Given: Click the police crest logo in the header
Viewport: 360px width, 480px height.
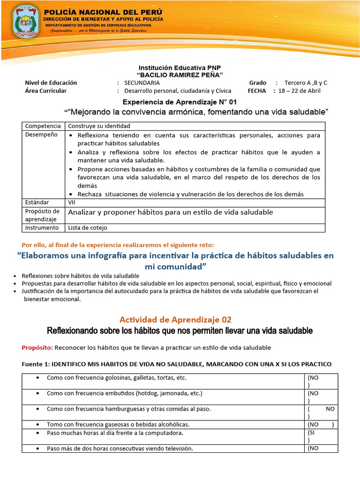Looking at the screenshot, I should (x=27, y=21).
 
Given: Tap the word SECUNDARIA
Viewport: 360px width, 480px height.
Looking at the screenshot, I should (x=142, y=83).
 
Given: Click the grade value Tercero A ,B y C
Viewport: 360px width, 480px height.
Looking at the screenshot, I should (x=306, y=83).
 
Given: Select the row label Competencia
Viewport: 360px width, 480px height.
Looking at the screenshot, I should (x=43, y=126).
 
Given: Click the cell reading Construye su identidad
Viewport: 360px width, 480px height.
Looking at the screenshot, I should (x=99, y=126).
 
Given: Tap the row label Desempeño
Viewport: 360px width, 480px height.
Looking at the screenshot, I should (x=41, y=135).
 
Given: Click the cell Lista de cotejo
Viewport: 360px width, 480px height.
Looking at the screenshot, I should (x=88, y=228).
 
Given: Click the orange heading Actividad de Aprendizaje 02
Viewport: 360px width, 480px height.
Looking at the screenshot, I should (x=175, y=320).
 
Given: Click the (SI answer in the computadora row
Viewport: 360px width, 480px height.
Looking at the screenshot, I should (x=312, y=433).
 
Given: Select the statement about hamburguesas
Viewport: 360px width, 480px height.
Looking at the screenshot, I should (x=128, y=409).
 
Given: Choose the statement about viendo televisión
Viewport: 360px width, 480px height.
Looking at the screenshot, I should (x=120, y=449).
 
